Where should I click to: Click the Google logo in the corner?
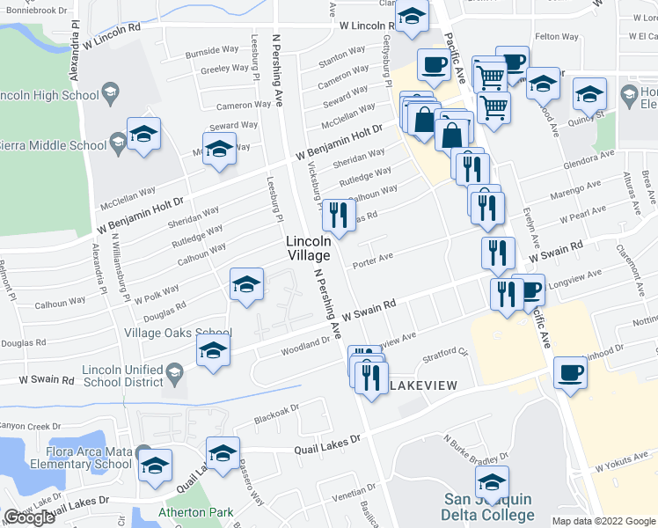[x=30, y=517]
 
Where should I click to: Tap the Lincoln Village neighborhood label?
[x=307, y=247]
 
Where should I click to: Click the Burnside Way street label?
[x=211, y=53]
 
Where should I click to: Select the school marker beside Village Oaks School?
[x=212, y=350]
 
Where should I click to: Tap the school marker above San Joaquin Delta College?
[x=492, y=480]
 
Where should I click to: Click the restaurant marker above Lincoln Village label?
[x=338, y=213]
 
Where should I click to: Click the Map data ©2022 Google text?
[x=603, y=521]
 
